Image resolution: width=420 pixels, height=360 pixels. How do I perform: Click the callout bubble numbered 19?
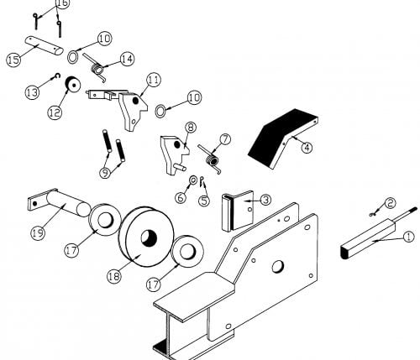pos(38,232)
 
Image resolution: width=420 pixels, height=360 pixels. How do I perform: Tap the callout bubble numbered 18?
pos(114,276)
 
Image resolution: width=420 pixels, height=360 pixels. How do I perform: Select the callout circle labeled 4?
pos(307,147)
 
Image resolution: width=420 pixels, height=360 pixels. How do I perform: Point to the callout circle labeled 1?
pos(408,237)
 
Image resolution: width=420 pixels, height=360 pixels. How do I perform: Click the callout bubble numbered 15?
pos(13,60)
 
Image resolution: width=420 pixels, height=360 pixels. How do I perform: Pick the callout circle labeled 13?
pos(32,92)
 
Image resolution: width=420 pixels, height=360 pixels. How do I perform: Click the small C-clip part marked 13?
pos(58,76)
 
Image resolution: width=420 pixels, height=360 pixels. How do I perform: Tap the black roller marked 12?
pos(73,84)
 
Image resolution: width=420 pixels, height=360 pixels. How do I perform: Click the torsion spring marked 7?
pos(213,159)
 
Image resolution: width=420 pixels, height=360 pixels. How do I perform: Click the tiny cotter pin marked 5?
pos(202,181)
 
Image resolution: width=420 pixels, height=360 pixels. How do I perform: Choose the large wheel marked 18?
pos(146,237)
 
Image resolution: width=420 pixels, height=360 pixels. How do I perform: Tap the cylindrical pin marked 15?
pos(44,45)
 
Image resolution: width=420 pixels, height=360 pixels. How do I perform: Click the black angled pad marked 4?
pos(283,138)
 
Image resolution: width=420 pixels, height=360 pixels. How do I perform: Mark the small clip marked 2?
pos(373,215)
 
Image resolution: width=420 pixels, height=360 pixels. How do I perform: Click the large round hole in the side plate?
pos(278,266)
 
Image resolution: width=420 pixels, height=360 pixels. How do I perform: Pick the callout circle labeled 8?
pos(191,128)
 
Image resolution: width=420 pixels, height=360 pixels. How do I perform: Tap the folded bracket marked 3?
pos(238,211)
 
